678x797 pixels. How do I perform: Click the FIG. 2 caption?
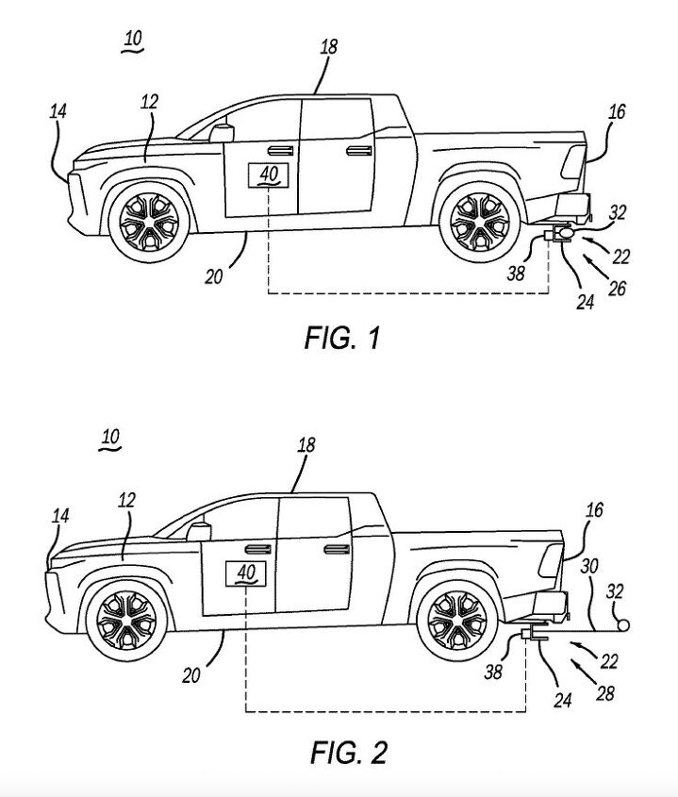pyautogui.click(x=348, y=752)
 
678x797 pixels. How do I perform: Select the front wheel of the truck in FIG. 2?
pyautogui.click(x=125, y=624)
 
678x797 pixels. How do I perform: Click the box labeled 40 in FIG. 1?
pyautogui.click(x=269, y=174)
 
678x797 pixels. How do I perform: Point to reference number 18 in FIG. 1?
pyautogui.click(x=328, y=46)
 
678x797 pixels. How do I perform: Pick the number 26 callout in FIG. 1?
pyautogui.click(x=616, y=290)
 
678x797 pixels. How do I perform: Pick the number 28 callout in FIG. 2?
pyautogui.click(x=604, y=693)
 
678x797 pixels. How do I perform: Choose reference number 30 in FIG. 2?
pyautogui.click(x=589, y=566)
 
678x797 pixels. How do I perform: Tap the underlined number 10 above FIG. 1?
pyautogui.click(x=133, y=40)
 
